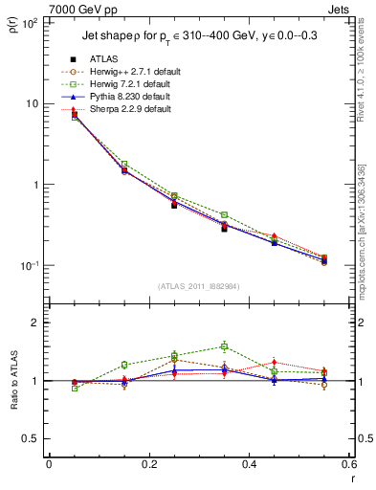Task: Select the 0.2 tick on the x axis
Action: click(148, 465)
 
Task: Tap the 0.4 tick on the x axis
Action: click(249, 465)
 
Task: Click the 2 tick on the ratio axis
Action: click(33, 323)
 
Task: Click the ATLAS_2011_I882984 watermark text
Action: click(199, 286)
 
